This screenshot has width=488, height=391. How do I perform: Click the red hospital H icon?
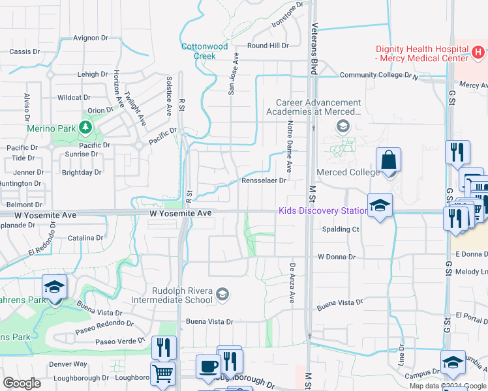[x=478, y=51]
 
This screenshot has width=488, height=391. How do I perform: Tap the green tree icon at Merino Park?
[x=84, y=125]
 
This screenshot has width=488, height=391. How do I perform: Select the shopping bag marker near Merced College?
[x=388, y=160]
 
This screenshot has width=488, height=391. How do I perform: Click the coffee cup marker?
[x=207, y=366]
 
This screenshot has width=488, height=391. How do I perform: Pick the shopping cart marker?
[x=163, y=374]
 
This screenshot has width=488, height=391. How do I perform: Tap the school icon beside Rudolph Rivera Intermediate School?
[x=222, y=295]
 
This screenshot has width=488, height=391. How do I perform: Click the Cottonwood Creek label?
[x=204, y=51]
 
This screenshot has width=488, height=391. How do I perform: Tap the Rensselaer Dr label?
[x=264, y=181]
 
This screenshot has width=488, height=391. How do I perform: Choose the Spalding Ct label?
[x=341, y=229]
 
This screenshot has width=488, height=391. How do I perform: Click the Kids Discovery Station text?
[x=323, y=210]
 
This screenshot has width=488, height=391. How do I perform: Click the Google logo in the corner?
[x=22, y=383]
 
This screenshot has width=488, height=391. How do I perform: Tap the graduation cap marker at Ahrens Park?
[x=54, y=287]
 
